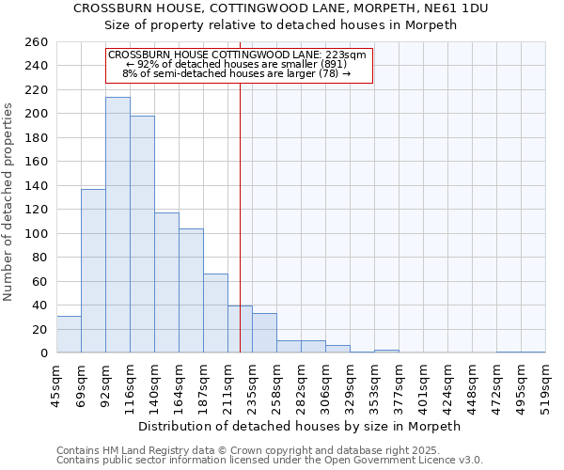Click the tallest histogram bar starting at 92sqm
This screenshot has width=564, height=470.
click(117, 226)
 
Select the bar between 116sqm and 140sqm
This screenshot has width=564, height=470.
click(142, 235)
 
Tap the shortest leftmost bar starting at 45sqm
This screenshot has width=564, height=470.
click(69, 335)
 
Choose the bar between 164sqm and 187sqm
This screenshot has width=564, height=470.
click(191, 290)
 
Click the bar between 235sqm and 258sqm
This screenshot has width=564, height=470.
click(264, 333)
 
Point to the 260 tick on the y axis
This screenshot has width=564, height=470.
click(37, 42)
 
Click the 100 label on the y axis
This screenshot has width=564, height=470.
click(37, 234)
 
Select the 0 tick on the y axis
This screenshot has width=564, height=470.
click(43, 353)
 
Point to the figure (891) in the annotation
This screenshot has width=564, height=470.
click(334, 64)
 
